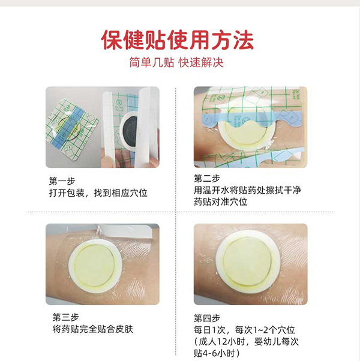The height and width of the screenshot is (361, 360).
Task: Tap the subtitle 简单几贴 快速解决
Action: (x=180, y=62)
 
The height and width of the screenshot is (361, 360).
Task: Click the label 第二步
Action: (x=206, y=178)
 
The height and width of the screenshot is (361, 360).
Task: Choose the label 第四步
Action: (x=206, y=317)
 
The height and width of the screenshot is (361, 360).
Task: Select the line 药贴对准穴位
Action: (x=221, y=202)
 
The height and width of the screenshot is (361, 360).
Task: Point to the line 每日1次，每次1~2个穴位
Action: (x=244, y=330)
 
